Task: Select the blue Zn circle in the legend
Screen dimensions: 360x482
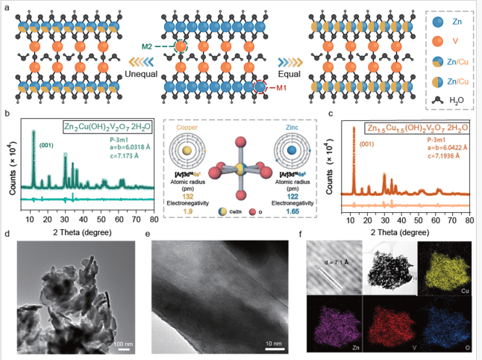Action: (x=428, y=23)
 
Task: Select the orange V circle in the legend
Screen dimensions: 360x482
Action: (x=428, y=43)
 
